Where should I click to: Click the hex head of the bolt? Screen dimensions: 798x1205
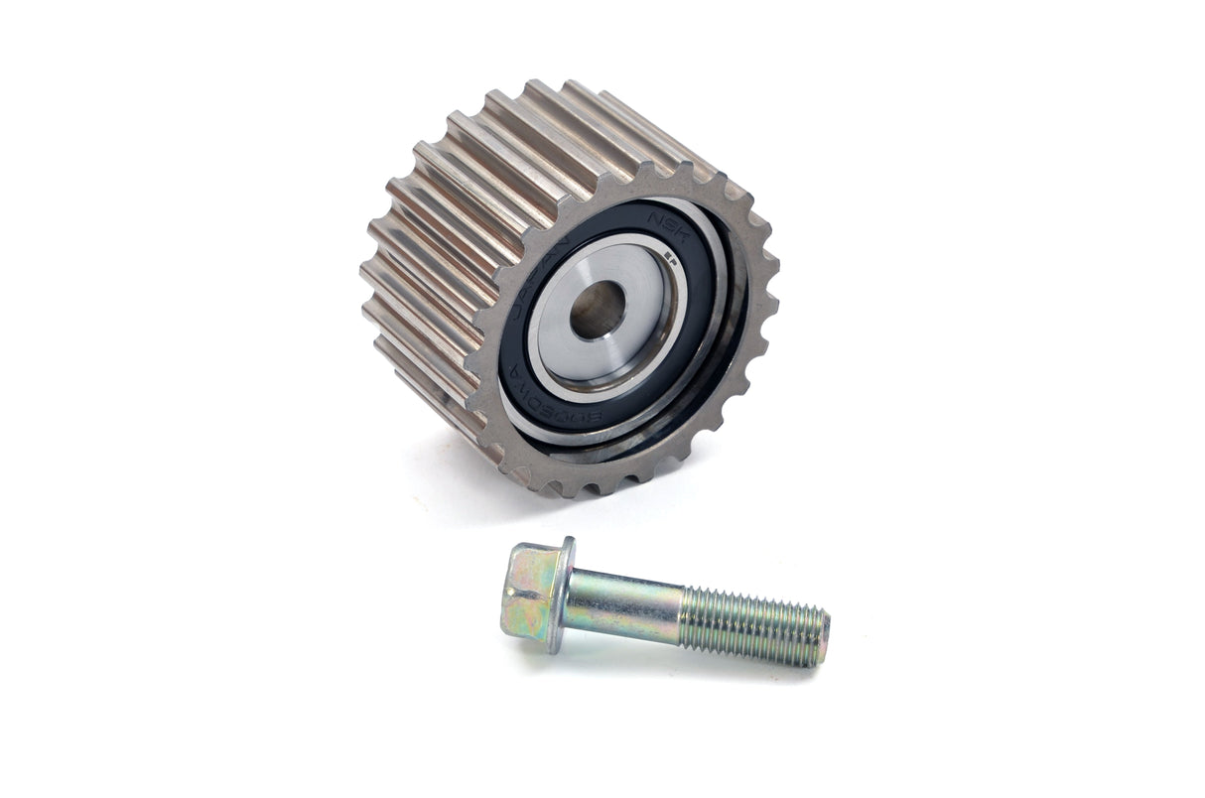pyautogui.click(x=530, y=594)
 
